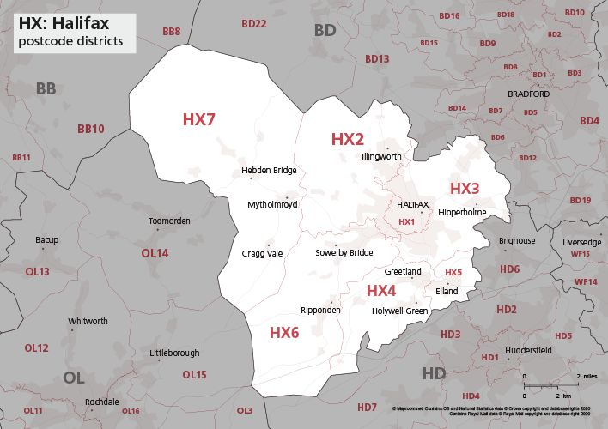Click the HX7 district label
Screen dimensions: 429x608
tap(198, 119)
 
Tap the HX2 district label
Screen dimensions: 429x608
tap(348, 139)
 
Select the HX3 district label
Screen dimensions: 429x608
tap(465, 188)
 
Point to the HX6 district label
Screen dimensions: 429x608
tap(284, 332)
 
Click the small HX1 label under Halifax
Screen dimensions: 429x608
tap(407, 222)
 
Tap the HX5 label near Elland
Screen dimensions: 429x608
tap(453, 273)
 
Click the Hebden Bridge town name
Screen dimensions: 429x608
tap(269, 171)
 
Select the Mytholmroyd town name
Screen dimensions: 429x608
tap(272, 206)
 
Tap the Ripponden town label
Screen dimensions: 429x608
tap(321, 310)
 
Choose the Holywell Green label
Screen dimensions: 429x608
tap(399, 311)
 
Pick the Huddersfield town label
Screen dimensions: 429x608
tap(527, 350)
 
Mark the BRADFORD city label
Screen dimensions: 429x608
tap(527, 94)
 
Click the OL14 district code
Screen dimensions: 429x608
tap(155, 253)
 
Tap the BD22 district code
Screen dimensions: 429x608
tap(254, 24)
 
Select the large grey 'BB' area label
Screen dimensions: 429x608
tap(46, 89)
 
